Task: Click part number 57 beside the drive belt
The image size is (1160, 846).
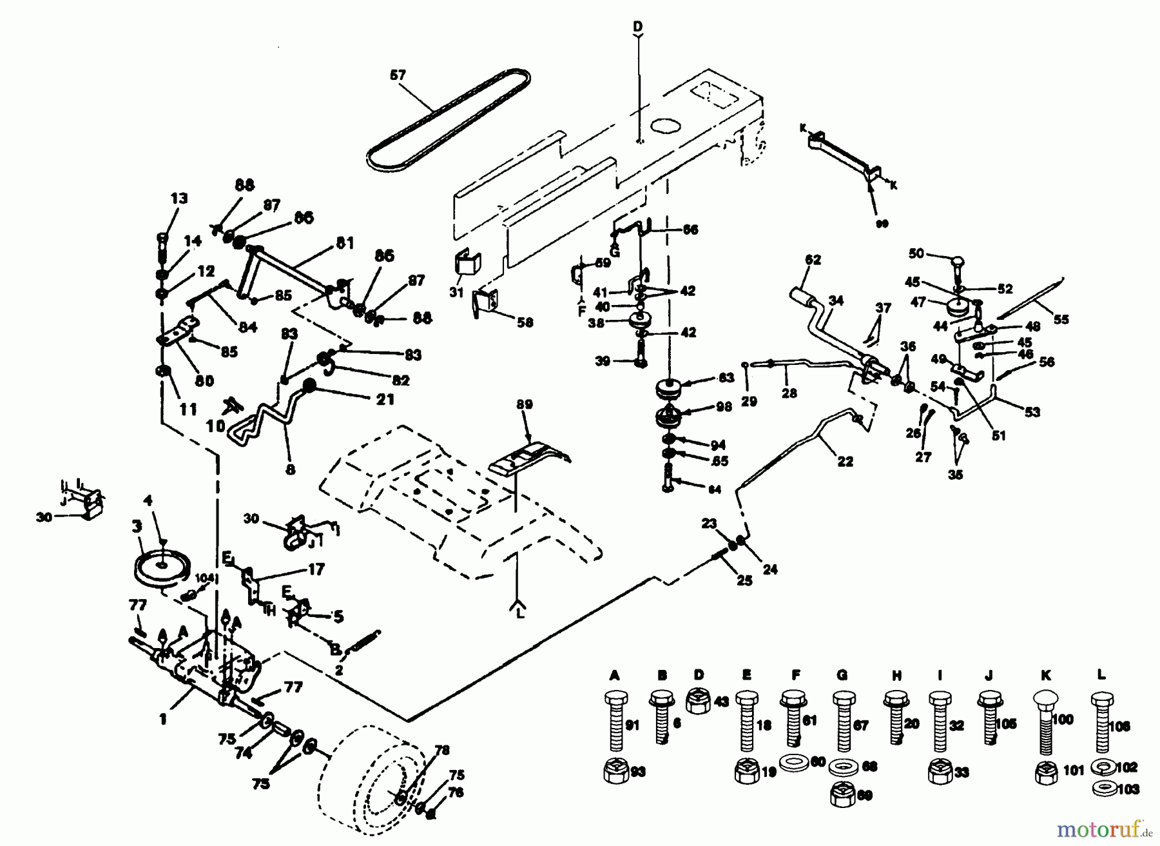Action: pyautogui.click(x=398, y=75)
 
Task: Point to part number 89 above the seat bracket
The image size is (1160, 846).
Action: pyautogui.click(x=525, y=404)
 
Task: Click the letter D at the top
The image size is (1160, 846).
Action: pyautogui.click(x=637, y=26)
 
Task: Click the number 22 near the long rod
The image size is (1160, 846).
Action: pyautogui.click(x=845, y=461)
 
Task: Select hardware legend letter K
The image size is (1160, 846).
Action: pyautogui.click(x=1045, y=676)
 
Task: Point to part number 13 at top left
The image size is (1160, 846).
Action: pyautogui.click(x=179, y=198)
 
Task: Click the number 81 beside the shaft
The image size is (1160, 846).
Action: pyautogui.click(x=345, y=243)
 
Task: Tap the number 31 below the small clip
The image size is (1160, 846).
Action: pyautogui.click(x=456, y=292)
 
